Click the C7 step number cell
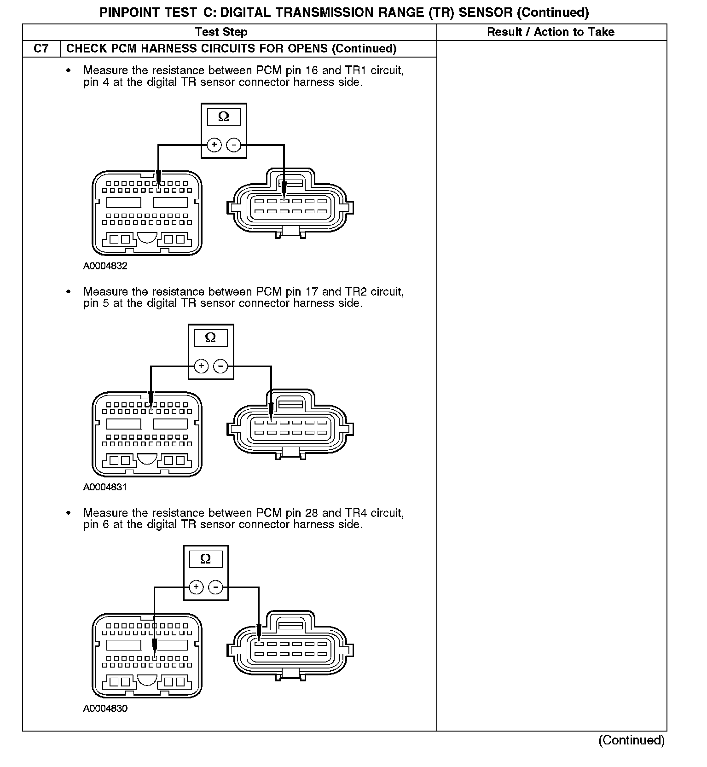click(41, 49)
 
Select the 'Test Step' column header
click(221, 32)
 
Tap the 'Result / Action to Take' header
click(551, 32)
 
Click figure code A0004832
click(105, 266)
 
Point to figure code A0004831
click(105, 487)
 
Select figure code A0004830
click(105, 709)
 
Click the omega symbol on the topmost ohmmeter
click(224, 117)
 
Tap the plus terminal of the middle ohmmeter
click(201, 366)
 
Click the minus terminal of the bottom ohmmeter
click(216, 587)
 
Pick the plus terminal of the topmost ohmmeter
click(214, 145)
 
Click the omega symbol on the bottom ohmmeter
click(206, 559)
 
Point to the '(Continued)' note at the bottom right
click(632, 740)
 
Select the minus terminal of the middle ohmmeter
click(221, 366)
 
